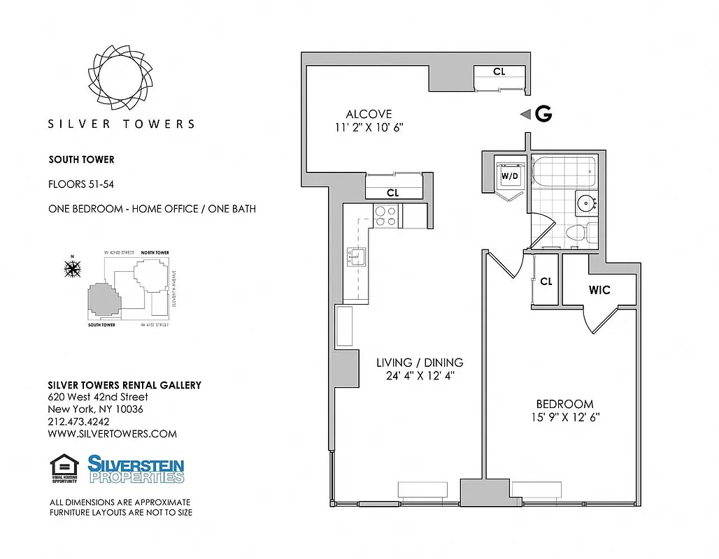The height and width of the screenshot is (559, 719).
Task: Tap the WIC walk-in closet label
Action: [599, 289]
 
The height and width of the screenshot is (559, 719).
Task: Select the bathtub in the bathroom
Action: [563, 168]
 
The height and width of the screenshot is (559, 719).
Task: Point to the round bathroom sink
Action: [585, 203]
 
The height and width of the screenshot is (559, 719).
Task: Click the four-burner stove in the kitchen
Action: [385, 215]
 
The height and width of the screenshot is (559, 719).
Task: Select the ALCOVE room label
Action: [369, 114]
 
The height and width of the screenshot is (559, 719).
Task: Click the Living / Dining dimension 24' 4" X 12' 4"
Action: [420, 375]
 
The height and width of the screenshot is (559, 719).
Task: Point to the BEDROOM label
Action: [564, 404]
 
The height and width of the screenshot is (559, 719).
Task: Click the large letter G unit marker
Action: [543, 115]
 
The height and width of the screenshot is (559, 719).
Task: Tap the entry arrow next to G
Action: [525, 115]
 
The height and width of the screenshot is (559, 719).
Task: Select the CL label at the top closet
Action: [499, 71]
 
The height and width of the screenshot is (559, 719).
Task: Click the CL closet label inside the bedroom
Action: [546, 282]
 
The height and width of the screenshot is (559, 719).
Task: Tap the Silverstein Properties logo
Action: [136, 469]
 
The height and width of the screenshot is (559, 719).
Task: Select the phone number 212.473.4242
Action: [78, 421]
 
